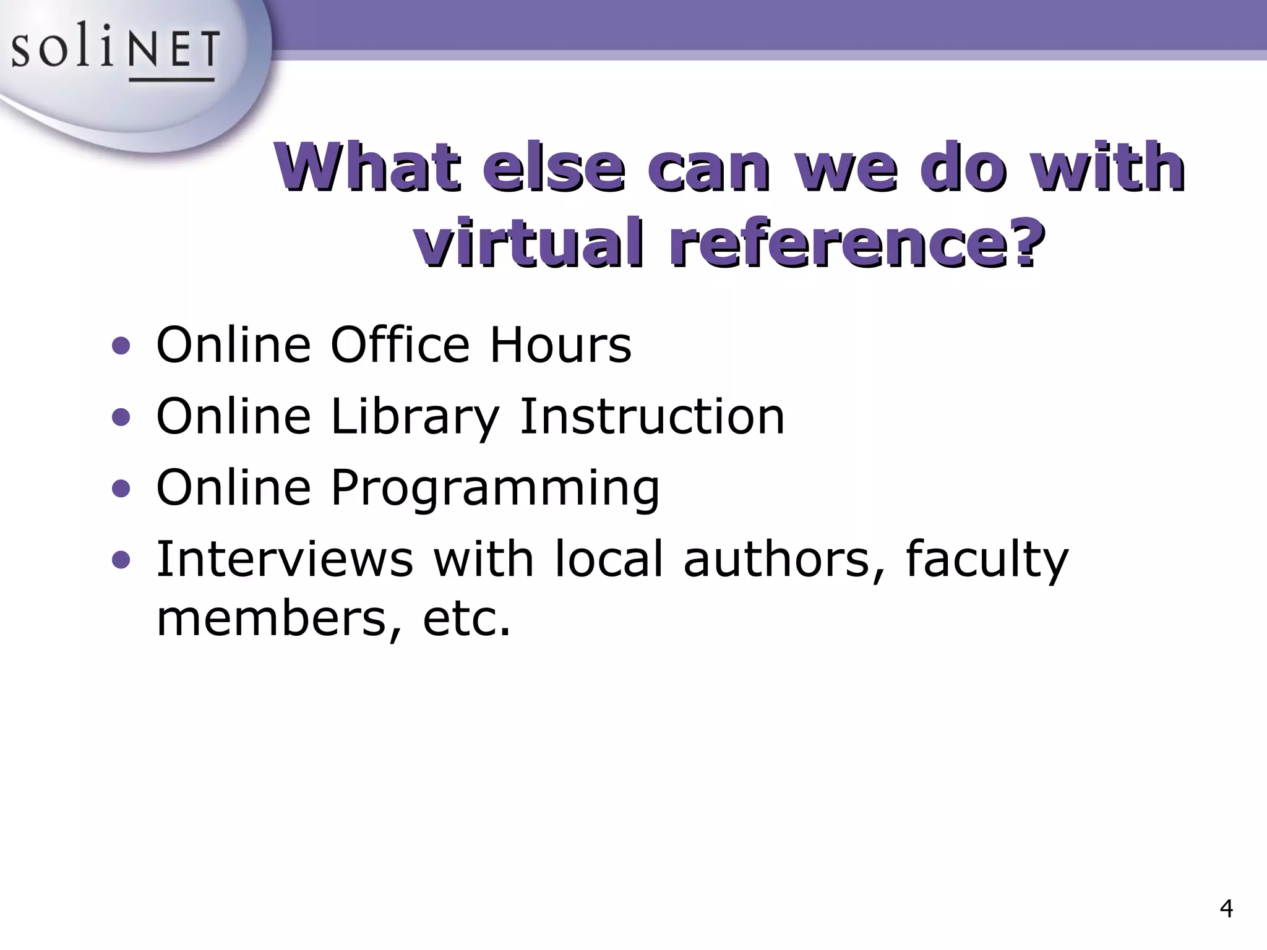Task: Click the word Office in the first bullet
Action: pos(400,344)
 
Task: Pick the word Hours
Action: pos(560,344)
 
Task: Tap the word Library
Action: pos(414,417)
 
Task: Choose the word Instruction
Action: pos(652,416)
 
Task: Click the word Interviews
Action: pos(285,558)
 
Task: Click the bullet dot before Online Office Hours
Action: pos(121,346)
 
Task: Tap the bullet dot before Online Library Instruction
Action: pos(121,418)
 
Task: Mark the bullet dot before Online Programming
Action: pos(121,489)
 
